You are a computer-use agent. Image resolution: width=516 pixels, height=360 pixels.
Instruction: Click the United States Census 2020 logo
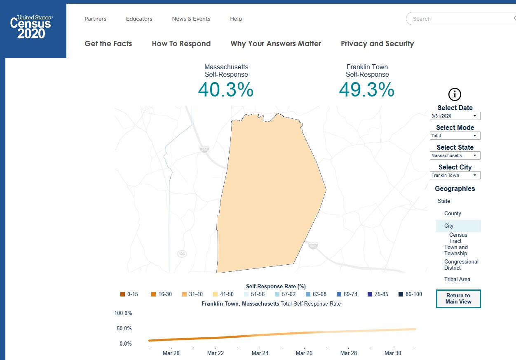(32, 27)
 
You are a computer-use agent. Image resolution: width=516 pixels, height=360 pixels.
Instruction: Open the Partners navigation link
(95, 19)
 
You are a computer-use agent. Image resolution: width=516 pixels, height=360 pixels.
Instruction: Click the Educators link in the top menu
(139, 19)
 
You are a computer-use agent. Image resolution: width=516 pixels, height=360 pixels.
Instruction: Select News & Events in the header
(191, 19)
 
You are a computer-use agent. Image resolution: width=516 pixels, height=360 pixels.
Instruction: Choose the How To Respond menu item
(181, 44)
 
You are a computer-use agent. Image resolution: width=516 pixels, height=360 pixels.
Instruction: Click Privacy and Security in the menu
(377, 44)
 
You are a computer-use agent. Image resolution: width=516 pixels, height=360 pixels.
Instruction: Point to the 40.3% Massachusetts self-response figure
(225, 90)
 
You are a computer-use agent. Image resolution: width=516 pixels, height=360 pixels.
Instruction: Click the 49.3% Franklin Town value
(366, 90)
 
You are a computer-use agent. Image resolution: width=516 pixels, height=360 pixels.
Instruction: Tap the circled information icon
(455, 94)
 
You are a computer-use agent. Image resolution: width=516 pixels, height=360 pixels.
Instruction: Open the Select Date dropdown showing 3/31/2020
(455, 116)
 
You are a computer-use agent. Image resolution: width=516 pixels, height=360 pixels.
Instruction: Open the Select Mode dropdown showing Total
(455, 136)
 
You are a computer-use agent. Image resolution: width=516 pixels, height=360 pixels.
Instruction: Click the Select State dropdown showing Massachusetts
(455, 156)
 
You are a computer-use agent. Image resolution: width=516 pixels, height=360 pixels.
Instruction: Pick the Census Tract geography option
(458, 238)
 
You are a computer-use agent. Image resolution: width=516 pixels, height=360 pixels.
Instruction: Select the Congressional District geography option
(461, 265)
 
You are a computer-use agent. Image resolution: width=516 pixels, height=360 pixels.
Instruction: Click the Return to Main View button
(458, 299)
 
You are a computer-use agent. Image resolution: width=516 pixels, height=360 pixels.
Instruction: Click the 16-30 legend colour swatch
(153, 294)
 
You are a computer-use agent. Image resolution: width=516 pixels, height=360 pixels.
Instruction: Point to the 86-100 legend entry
(410, 294)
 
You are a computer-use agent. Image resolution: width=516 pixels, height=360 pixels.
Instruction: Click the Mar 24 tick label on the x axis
(260, 353)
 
